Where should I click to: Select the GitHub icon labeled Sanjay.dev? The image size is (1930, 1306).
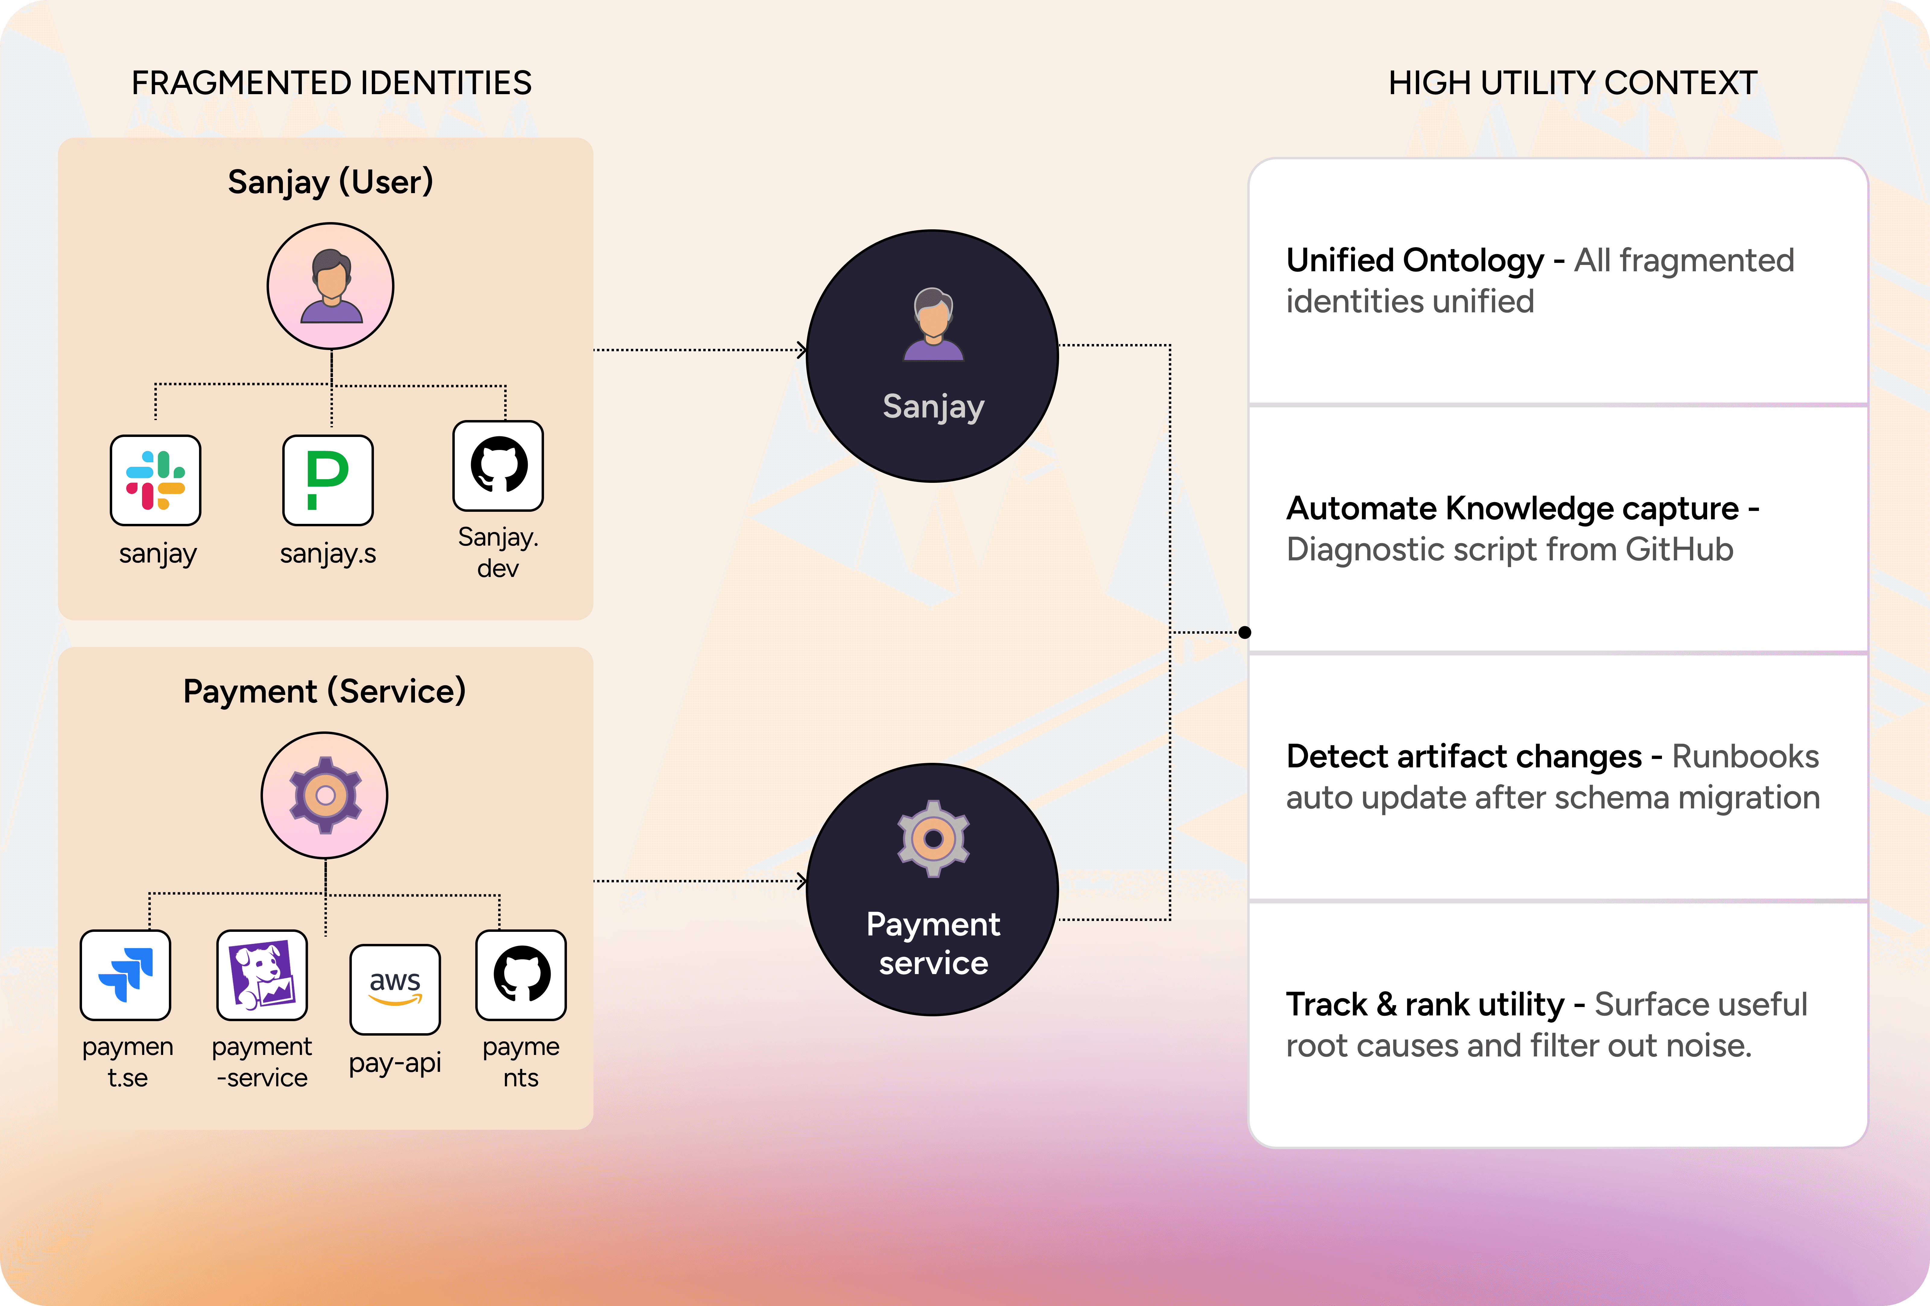(498, 466)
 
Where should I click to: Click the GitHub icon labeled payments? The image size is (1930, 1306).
(521, 974)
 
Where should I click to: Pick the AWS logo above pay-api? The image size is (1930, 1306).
(395, 989)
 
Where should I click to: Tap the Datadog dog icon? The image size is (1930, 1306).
(261, 974)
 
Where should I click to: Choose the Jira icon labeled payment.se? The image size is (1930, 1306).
(125, 974)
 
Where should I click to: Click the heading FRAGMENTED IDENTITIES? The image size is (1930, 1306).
(331, 83)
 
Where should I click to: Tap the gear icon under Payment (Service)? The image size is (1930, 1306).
(325, 795)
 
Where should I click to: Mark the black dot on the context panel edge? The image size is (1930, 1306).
(1244, 633)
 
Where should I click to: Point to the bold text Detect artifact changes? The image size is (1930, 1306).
(1463, 757)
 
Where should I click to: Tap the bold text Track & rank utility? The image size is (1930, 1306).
(1424, 1005)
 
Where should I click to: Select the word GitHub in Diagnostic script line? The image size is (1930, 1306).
(1678, 550)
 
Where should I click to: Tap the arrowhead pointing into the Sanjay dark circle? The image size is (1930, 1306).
(802, 350)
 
